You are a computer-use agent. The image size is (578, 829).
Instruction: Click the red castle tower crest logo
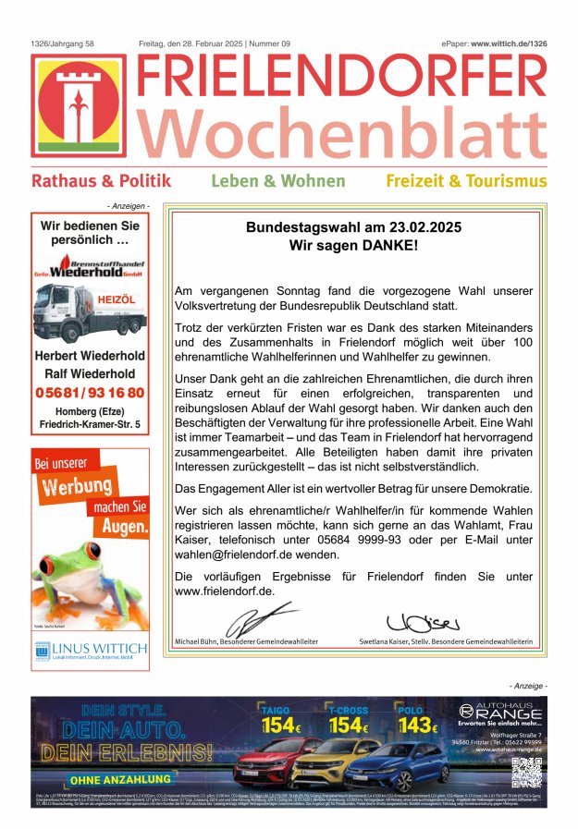point(79,105)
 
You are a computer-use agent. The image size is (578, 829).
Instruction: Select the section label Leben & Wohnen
point(277,181)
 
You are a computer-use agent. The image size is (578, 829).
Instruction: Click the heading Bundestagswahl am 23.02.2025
point(353,226)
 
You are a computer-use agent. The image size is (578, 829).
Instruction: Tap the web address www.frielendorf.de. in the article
point(225,591)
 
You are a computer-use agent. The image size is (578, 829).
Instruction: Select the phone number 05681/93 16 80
point(90,392)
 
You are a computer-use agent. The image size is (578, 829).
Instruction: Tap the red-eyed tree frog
point(73,582)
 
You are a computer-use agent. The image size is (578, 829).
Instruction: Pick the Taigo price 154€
point(283,725)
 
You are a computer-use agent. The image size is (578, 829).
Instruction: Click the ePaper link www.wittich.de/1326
point(509,43)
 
